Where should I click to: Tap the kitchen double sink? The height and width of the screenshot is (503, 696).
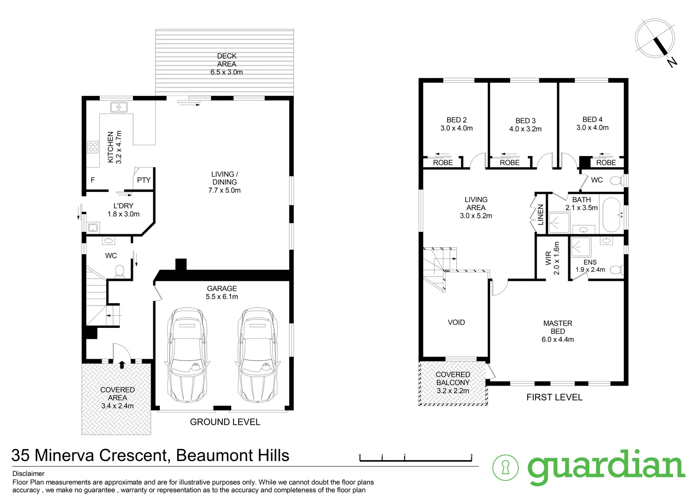(119, 107)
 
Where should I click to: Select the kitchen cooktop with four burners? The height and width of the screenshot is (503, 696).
(93, 147)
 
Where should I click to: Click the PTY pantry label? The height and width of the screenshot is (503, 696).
(144, 180)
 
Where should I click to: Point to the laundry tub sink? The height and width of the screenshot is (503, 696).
(93, 228)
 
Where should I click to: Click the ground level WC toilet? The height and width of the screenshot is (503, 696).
(119, 271)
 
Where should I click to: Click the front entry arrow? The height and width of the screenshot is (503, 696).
(122, 364)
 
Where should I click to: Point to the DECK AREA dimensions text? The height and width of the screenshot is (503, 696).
(227, 72)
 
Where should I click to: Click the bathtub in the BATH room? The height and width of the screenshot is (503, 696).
(611, 215)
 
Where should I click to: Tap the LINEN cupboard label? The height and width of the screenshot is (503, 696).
(541, 215)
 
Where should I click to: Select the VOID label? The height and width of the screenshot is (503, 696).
(456, 322)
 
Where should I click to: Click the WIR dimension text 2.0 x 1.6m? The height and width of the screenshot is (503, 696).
(556, 258)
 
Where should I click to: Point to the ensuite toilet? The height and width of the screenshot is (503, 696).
(616, 270)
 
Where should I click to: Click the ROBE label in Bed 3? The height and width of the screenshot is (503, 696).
(510, 163)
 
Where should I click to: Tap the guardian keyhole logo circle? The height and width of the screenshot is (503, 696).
(505, 468)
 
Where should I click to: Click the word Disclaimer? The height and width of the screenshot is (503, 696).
(28, 474)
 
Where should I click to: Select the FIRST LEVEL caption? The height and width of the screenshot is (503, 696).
(554, 397)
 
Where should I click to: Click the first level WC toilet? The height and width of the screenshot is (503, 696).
(617, 180)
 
